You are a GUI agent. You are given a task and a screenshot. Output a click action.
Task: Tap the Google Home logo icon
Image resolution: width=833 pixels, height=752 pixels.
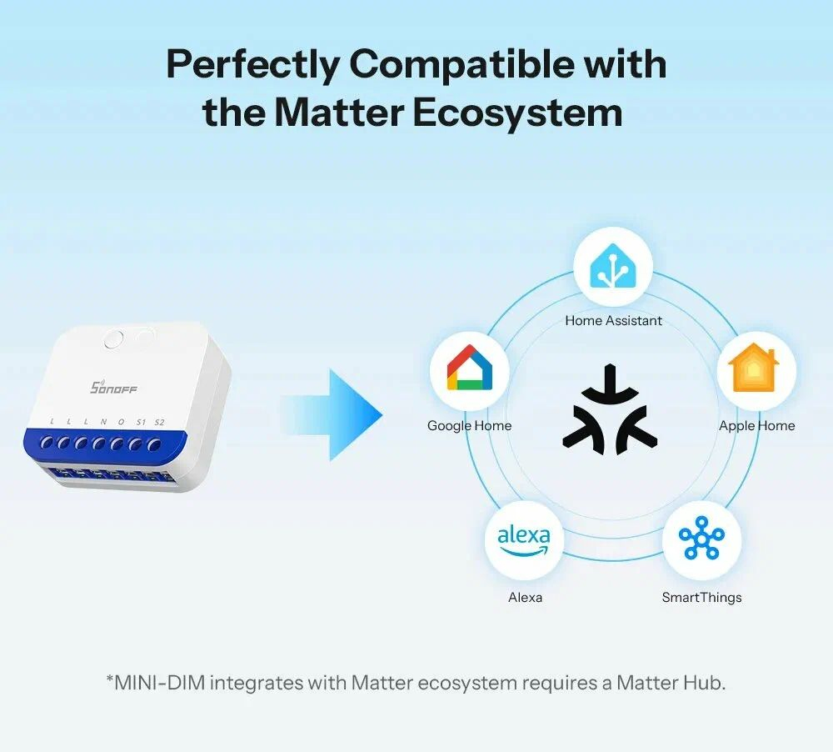click(x=469, y=372)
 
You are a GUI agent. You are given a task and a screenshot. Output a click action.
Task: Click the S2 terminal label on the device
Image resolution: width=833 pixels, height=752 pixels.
click(x=159, y=422)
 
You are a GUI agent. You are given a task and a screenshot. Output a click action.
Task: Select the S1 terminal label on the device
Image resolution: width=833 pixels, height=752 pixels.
click(x=141, y=422)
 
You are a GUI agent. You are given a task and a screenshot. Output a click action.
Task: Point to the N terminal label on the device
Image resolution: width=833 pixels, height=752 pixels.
click(x=103, y=422)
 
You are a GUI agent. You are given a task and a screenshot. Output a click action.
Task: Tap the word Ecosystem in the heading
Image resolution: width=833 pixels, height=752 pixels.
click(x=517, y=113)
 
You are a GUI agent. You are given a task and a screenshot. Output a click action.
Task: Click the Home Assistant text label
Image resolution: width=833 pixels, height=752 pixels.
click(x=613, y=320)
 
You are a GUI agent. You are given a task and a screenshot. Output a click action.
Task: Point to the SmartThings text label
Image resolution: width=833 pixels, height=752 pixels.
click(x=701, y=597)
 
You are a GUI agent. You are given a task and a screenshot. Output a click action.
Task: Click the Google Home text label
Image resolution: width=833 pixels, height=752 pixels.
click(x=469, y=425)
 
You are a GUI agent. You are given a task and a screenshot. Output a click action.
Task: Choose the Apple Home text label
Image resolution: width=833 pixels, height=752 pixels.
click(x=756, y=425)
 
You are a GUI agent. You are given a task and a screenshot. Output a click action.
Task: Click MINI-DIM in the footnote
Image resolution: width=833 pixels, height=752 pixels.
click(x=159, y=683)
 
